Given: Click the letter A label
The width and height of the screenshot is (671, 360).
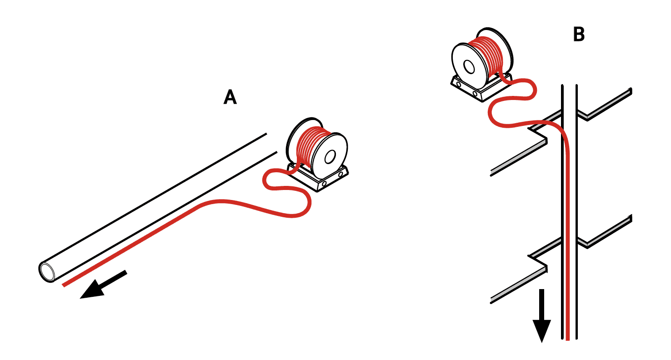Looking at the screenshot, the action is (x=230, y=97).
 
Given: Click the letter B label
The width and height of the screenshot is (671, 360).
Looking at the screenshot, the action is (x=578, y=34).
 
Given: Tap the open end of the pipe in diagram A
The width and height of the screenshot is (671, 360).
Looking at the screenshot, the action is (x=47, y=272).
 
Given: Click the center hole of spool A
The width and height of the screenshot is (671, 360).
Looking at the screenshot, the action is (x=330, y=157).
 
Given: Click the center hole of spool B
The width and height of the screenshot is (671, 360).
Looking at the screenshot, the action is (x=469, y=67).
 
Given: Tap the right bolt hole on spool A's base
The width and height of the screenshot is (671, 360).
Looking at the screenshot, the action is (x=341, y=174).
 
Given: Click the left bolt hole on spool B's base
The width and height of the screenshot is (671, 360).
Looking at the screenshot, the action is (x=459, y=84).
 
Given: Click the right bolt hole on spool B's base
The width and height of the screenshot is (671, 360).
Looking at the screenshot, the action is (x=475, y=94).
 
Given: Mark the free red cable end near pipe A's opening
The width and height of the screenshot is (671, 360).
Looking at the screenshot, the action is (x=64, y=285).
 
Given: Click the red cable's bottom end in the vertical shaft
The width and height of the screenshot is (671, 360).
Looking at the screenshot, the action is (x=567, y=340).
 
